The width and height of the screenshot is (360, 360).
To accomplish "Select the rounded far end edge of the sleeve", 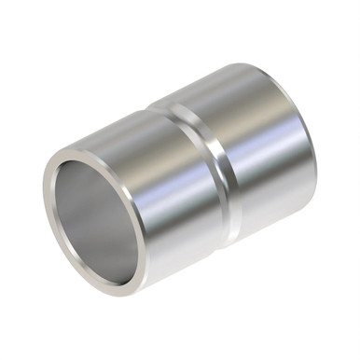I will (x=308, y=140).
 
